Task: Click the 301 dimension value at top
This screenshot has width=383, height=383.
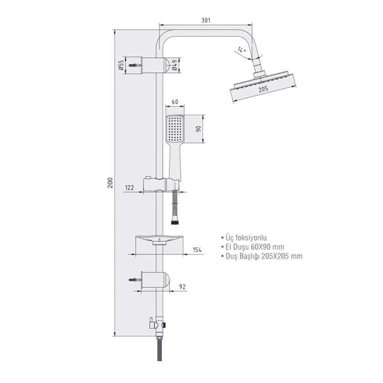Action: [x=206, y=20]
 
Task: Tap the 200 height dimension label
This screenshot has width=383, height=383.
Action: [x=111, y=182]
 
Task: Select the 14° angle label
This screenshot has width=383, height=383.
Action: [x=241, y=50]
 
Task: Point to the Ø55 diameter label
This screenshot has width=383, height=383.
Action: [x=121, y=65]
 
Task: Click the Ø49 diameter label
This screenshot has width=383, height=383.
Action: [x=175, y=65]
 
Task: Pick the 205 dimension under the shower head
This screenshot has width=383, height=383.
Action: [x=263, y=89]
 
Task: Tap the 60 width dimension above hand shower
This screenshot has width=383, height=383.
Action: [x=175, y=102]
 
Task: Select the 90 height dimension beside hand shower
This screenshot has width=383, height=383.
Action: [x=199, y=129]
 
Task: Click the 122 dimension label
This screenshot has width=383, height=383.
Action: [x=129, y=188]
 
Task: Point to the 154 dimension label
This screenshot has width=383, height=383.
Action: [x=197, y=250]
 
